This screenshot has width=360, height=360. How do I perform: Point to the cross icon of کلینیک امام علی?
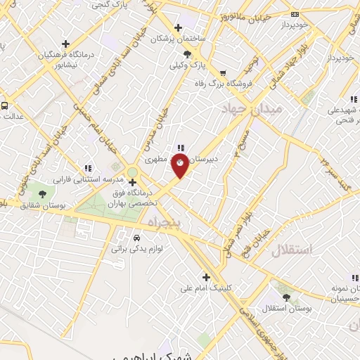point(206,276)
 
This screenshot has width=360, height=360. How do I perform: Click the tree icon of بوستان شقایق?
point(42,194)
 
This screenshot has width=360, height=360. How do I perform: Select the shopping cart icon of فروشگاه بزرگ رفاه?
point(223,72)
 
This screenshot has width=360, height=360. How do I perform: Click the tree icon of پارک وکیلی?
point(187,54)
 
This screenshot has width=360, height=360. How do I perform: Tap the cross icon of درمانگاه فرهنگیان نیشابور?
point(65,44)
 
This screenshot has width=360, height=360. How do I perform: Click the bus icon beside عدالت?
point(5,105)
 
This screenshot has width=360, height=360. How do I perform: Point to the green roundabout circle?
point(132,172)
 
